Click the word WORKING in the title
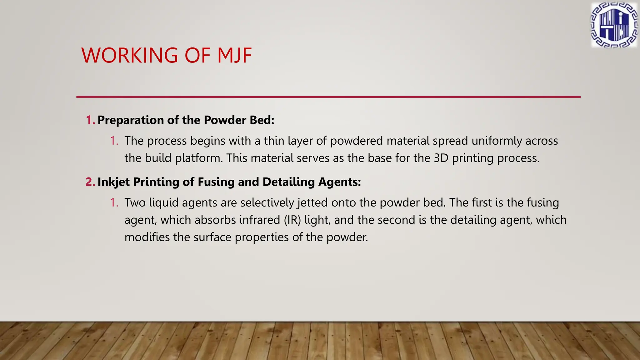pyautogui.click(x=129, y=56)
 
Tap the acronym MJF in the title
pyautogui.click(x=234, y=56)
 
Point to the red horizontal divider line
pyautogui.click(x=328, y=97)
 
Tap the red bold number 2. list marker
pyautogui.click(x=90, y=182)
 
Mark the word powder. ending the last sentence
pyautogui.click(x=347, y=237)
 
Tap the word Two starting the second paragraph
pyautogui.click(x=135, y=203)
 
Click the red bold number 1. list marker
pyautogui.click(x=90, y=120)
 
